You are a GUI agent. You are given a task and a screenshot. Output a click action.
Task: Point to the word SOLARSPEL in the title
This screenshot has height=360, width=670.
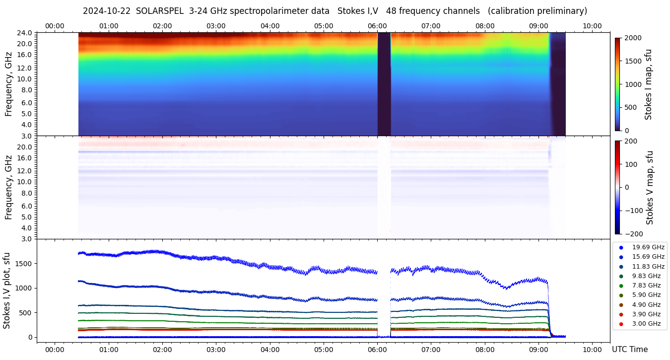tap(160, 11)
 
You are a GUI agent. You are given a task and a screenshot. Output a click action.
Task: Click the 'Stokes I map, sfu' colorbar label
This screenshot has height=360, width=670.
tap(648, 84)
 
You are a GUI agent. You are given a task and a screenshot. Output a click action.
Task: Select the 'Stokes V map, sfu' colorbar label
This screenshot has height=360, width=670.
tap(650, 188)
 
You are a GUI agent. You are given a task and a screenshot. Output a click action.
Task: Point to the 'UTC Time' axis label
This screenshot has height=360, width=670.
tap(629, 350)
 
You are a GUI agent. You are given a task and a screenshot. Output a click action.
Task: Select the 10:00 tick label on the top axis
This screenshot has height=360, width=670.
tap(592, 26)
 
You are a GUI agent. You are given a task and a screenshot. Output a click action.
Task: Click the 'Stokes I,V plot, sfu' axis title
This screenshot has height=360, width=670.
tap(7, 290)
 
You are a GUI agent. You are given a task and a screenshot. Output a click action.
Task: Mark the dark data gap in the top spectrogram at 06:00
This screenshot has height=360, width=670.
tap(384, 83)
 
